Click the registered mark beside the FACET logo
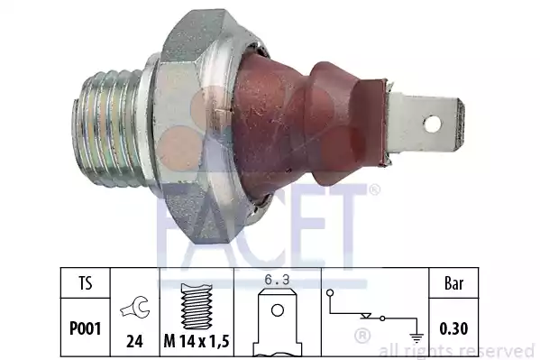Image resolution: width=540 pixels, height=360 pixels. (373, 190)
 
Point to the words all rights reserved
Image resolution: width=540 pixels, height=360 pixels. (459, 350)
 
